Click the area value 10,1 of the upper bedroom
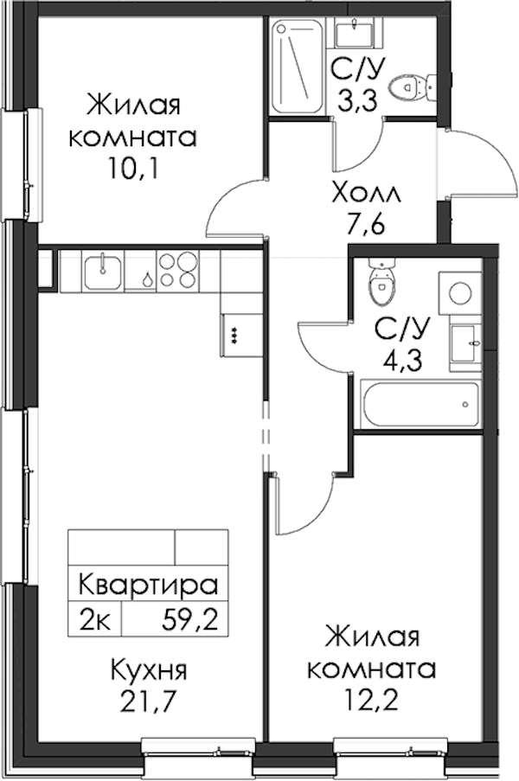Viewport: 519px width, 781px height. point(132,170)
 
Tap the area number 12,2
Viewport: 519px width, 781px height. point(372,701)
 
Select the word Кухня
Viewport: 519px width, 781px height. point(149,670)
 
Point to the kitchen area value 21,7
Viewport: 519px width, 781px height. point(149,701)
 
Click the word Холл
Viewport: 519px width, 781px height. point(367,193)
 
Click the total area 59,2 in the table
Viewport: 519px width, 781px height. point(189,620)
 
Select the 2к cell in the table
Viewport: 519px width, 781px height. point(94,620)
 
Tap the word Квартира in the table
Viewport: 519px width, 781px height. point(149,586)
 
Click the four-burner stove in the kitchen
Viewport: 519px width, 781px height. point(178,271)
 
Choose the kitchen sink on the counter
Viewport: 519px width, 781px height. point(103,271)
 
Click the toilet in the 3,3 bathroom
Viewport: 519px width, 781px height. point(413,87)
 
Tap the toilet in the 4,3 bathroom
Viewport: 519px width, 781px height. point(381,280)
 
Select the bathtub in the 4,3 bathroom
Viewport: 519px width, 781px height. point(420,404)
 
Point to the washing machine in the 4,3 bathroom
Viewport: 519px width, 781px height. point(459,293)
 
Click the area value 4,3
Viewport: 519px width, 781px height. point(402,360)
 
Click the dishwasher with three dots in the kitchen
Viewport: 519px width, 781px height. point(242,335)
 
